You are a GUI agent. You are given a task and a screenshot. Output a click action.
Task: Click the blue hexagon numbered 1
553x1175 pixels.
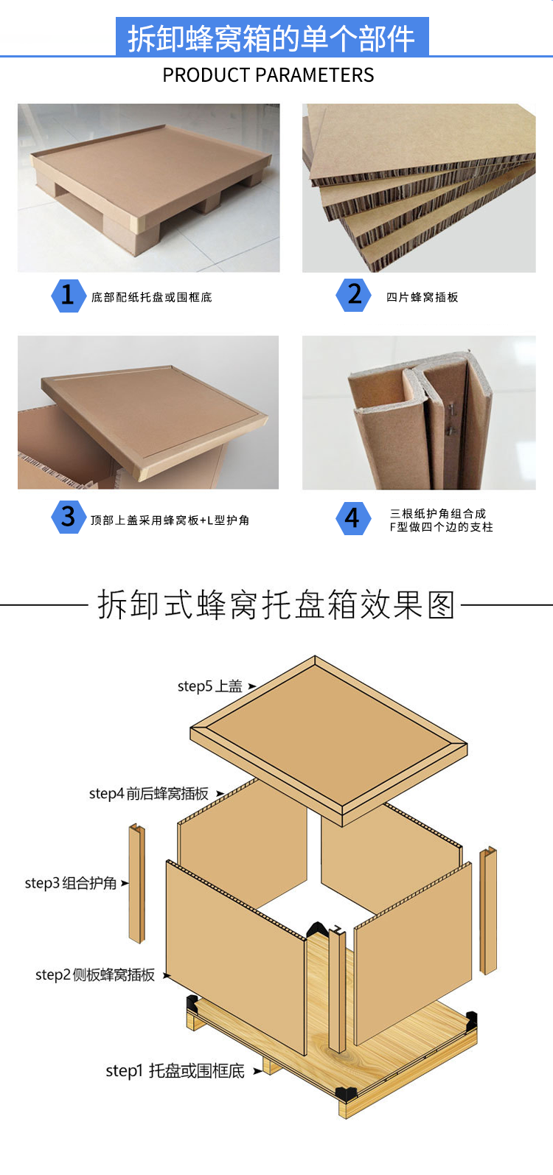click(69, 296)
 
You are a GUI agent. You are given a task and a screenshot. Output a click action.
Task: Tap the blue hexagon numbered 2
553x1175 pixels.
click(354, 296)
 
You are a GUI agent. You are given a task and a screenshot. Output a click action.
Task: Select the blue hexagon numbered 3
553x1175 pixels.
click(69, 517)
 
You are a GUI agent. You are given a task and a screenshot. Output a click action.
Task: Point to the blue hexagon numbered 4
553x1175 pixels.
click(353, 518)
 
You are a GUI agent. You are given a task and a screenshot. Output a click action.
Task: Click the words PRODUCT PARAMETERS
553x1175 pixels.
click(268, 75)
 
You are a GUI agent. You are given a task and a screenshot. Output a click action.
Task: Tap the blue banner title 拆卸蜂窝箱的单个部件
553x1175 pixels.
click(272, 38)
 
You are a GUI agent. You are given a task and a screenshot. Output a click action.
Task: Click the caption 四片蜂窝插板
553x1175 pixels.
click(422, 297)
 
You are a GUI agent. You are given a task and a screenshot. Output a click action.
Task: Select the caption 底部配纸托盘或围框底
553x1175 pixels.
click(152, 297)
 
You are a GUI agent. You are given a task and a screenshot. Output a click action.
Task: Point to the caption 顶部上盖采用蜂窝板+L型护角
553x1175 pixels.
click(170, 520)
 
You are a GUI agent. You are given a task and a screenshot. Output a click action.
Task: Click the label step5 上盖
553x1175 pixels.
click(210, 686)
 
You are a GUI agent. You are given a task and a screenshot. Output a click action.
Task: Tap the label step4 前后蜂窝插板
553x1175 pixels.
click(149, 794)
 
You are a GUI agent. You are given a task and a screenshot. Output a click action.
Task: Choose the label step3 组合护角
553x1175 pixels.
click(71, 883)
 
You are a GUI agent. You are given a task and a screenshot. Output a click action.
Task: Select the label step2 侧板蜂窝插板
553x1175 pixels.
click(95, 975)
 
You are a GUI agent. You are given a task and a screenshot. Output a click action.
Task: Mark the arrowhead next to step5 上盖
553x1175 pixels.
click(252, 686)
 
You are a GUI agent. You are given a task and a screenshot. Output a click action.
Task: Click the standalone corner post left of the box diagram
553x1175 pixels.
click(137, 884)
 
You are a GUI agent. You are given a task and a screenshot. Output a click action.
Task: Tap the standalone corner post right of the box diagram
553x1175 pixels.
click(488, 910)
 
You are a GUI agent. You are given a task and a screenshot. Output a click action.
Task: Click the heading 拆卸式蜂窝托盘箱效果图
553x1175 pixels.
click(276, 604)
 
